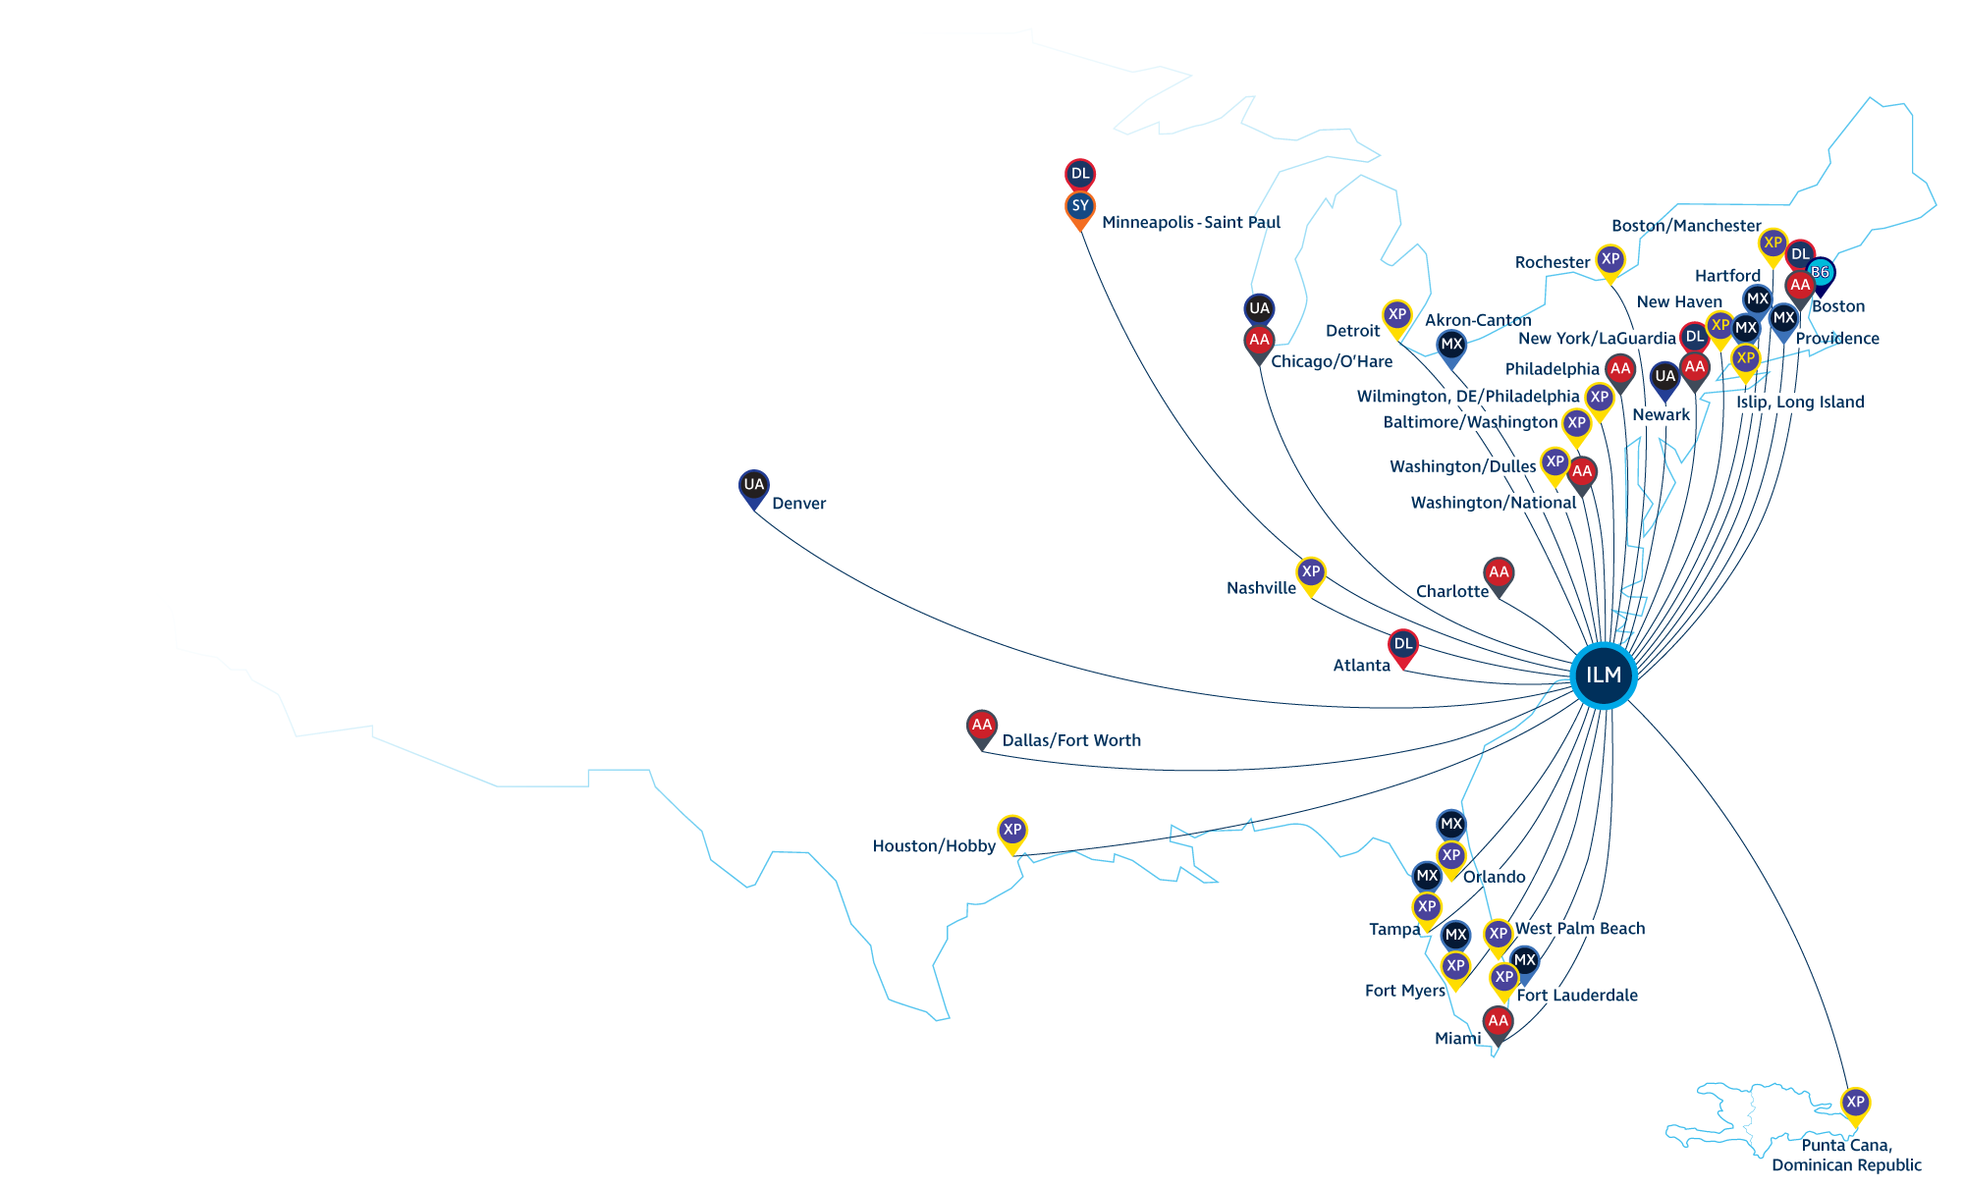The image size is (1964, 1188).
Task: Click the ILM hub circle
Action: [1603, 675]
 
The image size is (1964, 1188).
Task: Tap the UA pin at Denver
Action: [753, 485]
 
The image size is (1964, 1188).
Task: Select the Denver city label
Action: [798, 504]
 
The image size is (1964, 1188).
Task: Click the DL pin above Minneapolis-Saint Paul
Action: [1080, 175]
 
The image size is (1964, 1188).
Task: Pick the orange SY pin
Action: [1080, 207]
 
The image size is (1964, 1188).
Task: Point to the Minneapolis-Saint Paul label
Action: [1190, 223]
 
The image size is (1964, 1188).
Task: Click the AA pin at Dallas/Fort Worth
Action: [981, 727]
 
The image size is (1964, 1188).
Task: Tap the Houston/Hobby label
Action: [933, 846]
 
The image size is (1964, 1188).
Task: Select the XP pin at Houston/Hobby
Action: [1012, 831]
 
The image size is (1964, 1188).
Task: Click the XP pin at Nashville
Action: [1311, 572]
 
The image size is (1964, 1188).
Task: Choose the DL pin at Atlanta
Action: [1403, 645]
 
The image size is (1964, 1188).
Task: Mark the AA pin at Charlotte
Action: [1499, 573]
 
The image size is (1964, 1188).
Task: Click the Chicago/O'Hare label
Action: [1331, 361]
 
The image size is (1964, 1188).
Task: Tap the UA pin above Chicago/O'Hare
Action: [1259, 309]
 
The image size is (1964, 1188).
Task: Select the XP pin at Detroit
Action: [1396, 315]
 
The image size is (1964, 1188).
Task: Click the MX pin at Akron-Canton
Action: [1451, 345]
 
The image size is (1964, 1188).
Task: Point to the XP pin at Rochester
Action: [1610, 260]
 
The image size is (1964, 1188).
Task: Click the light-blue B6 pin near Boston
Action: [1820, 272]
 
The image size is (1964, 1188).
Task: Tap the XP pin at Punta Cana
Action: [1855, 1103]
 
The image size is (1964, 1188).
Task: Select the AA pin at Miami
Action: [1498, 1022]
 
